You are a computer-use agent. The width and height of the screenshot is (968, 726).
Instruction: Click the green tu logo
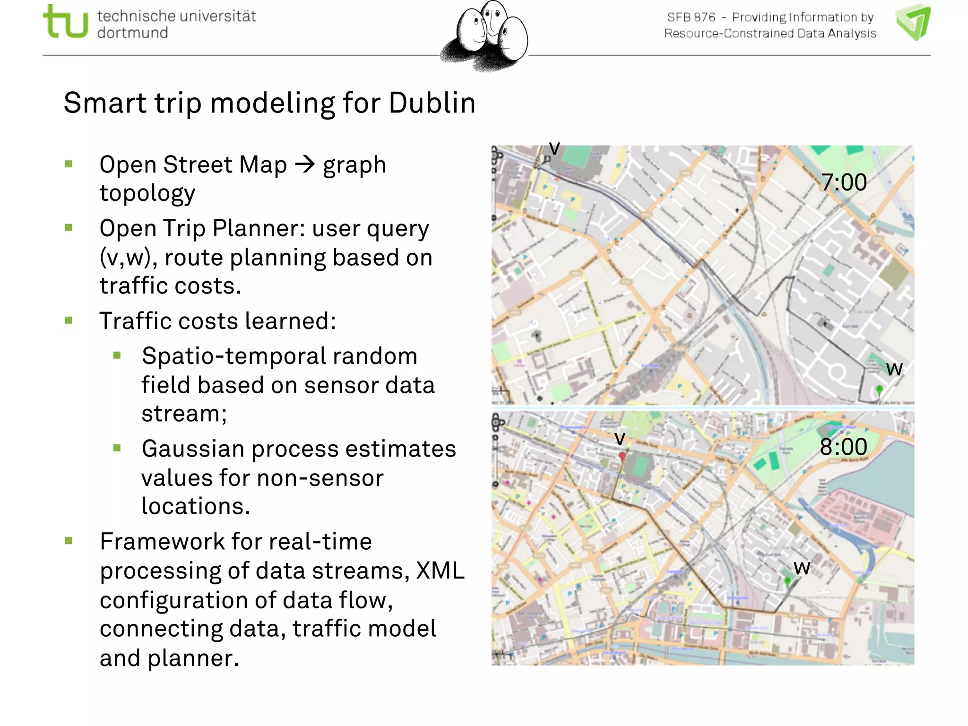click(x=65, y=21)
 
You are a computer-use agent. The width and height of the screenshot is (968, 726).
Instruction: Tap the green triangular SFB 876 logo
click(x=913, y=22)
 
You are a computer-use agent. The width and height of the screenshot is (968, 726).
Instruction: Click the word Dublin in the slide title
click(x=432, y=103)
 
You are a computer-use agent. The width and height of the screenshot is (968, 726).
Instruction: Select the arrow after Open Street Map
click(x=305, y=164)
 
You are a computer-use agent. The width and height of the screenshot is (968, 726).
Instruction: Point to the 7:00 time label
click(x=844, y=182)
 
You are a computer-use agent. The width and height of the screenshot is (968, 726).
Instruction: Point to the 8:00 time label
click(x=844, y=447)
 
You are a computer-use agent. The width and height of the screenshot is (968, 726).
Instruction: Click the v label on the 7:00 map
click(x=554, y=148)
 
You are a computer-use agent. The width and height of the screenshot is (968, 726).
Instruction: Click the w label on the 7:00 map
click(x=894, y=369)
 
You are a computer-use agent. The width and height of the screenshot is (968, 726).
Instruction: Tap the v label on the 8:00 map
click(x=620, y=438)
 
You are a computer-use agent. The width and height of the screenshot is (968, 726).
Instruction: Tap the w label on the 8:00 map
click(x=802, y=568)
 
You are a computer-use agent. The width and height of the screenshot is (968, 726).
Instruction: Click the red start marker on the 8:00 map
click(x=622, y=456)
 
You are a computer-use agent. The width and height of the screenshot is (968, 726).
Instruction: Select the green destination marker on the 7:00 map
click(x=879, y=389)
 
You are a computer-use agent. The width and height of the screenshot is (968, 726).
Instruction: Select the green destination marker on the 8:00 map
click(x=787, y=580)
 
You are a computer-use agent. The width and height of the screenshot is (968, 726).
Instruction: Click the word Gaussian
click(x=193, y=449)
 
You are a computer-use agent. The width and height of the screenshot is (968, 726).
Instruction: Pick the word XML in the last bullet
click(x=441, y=570)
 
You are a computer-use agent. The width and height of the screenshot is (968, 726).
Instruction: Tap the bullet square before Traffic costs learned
click(x=69, y=320)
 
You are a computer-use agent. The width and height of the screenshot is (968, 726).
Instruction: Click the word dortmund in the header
click(x=132, y=33)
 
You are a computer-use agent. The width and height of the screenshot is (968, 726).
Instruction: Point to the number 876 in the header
click(x=705, y=17)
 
